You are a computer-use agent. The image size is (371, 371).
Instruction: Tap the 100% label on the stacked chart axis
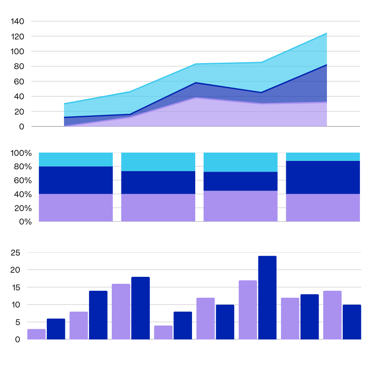21,153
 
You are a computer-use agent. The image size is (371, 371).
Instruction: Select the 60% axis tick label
23,180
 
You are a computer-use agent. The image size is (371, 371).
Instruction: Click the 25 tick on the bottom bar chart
16,253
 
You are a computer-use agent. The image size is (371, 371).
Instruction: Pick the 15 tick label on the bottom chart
16,288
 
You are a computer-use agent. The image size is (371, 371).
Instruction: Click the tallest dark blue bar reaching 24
267,297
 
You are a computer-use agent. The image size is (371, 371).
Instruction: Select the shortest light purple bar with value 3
37,334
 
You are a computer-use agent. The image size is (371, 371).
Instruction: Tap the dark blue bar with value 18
141,308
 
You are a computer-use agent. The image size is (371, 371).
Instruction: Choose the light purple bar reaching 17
248,309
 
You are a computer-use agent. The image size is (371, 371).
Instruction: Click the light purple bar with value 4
163,332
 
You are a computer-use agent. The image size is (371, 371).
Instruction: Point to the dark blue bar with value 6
56,329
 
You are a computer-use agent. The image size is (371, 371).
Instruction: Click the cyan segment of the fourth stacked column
323,157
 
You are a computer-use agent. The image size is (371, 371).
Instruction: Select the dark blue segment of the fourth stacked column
323,177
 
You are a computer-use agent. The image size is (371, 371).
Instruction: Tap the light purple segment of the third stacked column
240,206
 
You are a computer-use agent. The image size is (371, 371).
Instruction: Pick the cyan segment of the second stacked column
158,162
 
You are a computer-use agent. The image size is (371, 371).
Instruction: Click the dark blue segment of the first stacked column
76,180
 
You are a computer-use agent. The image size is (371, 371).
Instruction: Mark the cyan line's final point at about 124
326,33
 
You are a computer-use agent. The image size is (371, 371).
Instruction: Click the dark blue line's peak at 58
196,83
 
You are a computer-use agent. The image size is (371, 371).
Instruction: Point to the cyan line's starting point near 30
64,104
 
